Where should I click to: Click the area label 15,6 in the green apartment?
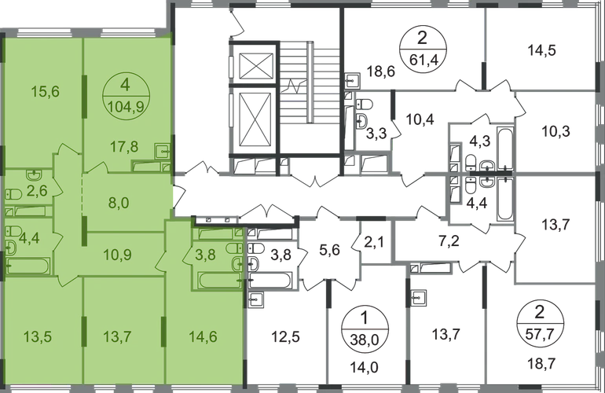45,92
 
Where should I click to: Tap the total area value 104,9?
126,106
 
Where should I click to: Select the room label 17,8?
123,147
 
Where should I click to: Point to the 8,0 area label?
119,202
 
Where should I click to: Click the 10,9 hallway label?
118,255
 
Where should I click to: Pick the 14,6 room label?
203,336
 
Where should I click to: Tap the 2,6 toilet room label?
38,190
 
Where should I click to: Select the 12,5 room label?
286,337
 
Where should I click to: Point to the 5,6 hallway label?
329,251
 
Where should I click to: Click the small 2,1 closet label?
374,243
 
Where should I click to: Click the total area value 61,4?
423,60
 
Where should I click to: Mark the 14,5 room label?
542,50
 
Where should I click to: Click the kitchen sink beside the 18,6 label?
353,81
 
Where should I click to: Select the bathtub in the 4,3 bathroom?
504,148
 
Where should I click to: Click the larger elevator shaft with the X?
255,120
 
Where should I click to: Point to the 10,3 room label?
555,131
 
